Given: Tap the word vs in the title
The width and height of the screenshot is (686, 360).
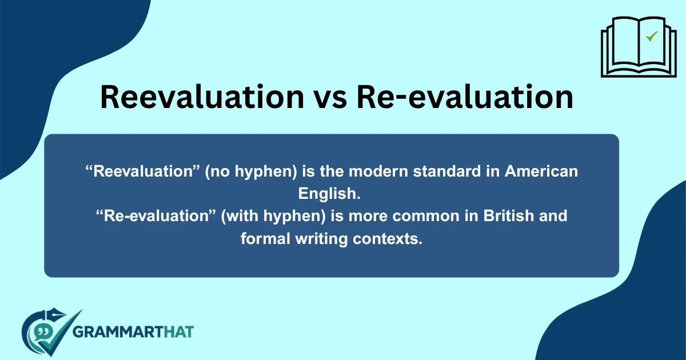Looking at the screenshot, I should point(331,97).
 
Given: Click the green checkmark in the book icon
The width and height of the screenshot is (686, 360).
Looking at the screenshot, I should point(651,37).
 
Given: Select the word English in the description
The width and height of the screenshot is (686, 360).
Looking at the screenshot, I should point(329,193).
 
